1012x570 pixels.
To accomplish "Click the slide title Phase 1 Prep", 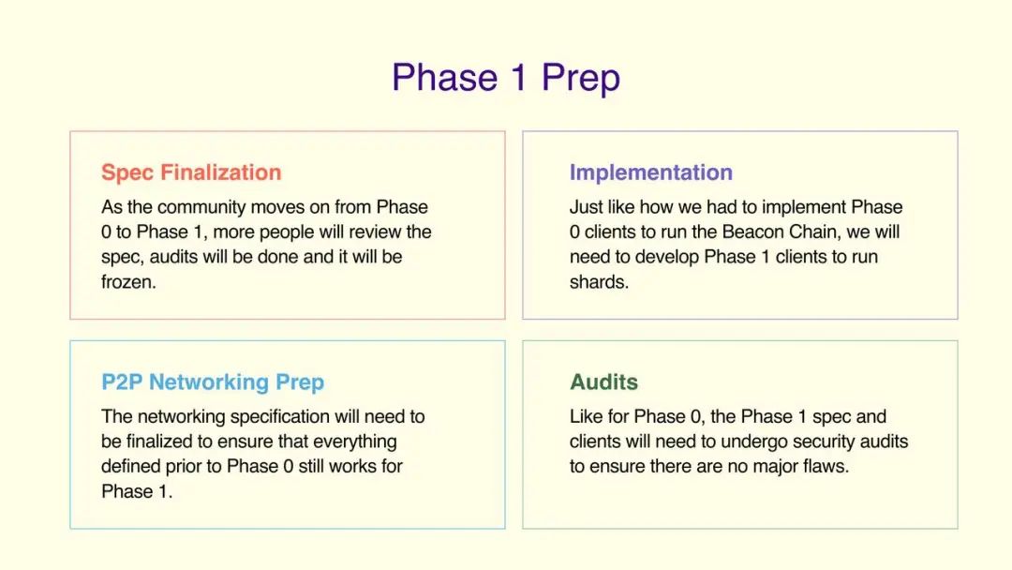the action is tap(506, 78).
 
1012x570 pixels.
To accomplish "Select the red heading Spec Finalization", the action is tap(191, 173).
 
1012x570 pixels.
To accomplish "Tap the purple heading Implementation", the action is tap(650, 172).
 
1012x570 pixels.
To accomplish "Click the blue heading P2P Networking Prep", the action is tap(213, 382).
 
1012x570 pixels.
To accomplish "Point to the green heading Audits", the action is tap(603, 382).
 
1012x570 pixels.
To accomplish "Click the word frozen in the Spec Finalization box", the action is tap(128, 282).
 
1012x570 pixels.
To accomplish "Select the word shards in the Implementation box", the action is tap(598, 282).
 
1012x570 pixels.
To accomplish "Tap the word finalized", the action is tap(158, 442).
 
